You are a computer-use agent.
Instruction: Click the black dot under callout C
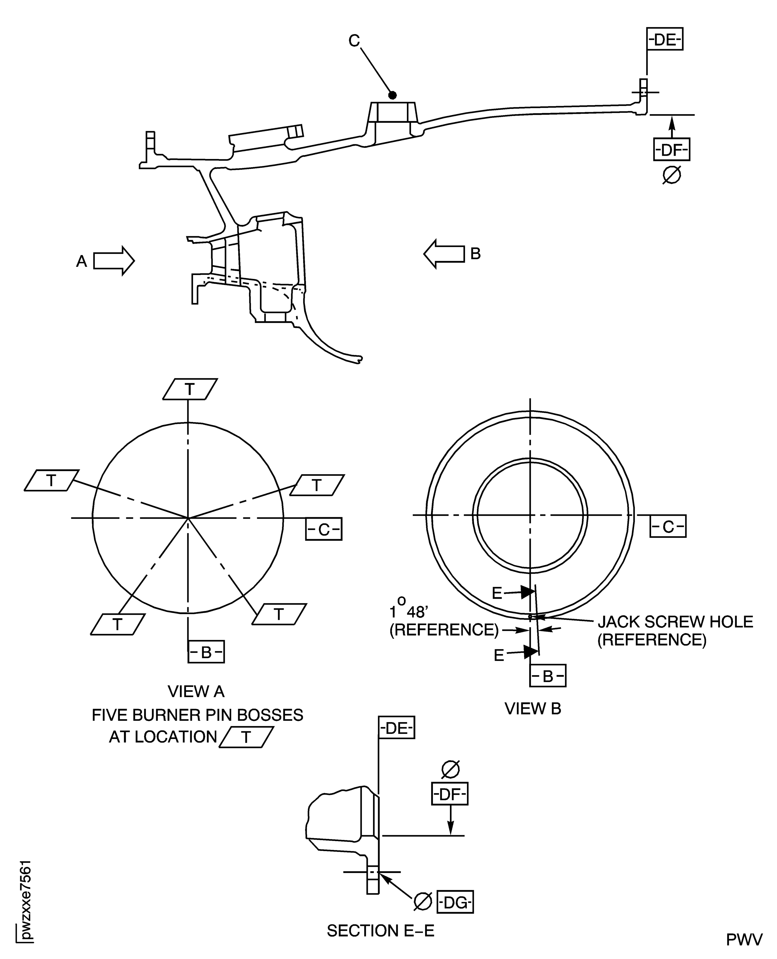coord(392,95)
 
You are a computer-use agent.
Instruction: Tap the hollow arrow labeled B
coord(444,254)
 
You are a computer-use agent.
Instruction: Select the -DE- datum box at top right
coord(665,40)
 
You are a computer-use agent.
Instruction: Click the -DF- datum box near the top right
coord(671,150)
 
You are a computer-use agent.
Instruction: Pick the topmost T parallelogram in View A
coord(190,389)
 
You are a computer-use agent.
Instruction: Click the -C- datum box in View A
coord(323,529)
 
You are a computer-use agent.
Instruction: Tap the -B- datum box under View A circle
coord(206,652)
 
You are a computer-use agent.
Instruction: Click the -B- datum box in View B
coord(548,676)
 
